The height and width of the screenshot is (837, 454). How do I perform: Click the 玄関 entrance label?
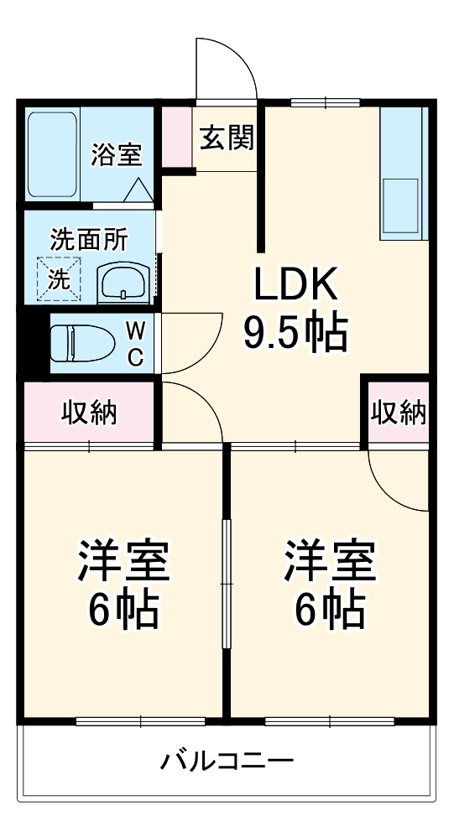(226, 138)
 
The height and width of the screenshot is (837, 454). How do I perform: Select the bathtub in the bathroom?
(53, 154)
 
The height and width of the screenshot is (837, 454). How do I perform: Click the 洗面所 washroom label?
(89, 239)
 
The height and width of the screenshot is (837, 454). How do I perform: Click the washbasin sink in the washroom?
(124, 283)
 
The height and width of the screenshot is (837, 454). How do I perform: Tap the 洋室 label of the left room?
(124, 561)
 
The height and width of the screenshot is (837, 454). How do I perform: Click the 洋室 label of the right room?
(329, 561)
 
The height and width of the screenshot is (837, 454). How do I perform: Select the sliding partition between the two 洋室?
(226, 583)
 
